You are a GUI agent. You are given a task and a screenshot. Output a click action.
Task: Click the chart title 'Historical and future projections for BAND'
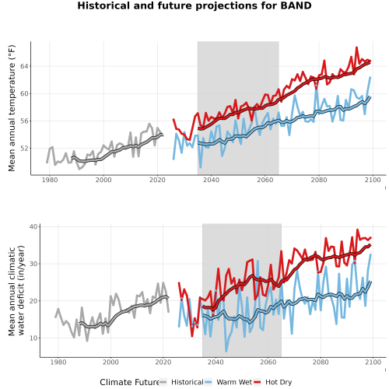click(194, 5)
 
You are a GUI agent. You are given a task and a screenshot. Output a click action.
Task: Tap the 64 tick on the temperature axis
click(24, 66)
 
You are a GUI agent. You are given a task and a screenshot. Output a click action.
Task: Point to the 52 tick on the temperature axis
click(24, 149)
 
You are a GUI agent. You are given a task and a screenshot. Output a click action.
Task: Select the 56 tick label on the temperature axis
click(24, 121)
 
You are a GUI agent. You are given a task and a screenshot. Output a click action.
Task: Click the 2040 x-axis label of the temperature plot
click(211, 180)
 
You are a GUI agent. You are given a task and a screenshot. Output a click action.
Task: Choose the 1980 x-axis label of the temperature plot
click(50, 180)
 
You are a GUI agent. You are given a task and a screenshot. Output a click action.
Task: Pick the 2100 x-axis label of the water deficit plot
click(373, 362)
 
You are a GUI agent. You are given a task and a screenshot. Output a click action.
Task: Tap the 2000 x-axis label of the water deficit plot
click(110, 362)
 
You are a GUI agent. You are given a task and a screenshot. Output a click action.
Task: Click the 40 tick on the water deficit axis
click(34, 226)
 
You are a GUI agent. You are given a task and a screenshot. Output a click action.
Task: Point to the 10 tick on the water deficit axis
click(34, 338)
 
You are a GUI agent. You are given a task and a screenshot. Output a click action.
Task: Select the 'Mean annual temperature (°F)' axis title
click(12, 108)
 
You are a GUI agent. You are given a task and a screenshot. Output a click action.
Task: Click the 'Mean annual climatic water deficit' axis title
click(16, 290)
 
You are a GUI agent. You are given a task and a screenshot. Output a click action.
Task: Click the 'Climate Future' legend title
click(129, 382)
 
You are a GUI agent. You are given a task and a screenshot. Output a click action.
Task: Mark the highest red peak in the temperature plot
click(357, 47)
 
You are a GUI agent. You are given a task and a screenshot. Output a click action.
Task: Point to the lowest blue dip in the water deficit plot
click(226, 351)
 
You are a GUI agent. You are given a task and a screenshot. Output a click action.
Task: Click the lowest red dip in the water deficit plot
click(192, 336)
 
